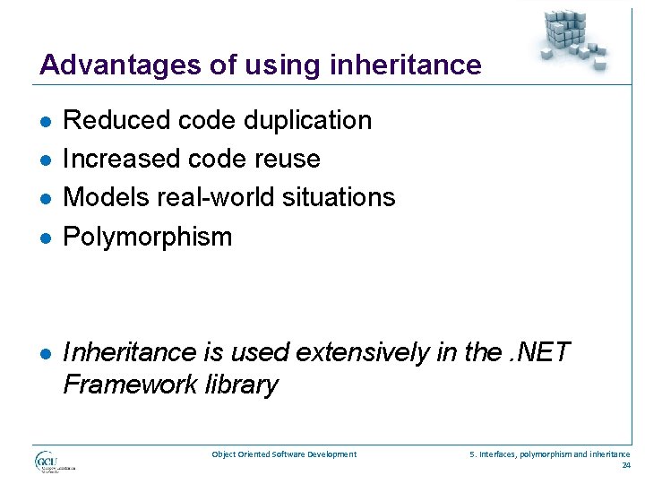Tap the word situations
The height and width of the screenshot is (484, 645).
coord(338,197)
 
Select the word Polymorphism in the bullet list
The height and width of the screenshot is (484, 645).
coord(148,237)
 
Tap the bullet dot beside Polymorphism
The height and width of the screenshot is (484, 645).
coord(44,238)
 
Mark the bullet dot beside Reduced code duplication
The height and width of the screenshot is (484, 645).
coord(44,121)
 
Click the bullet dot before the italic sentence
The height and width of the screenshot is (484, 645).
coord(44,354)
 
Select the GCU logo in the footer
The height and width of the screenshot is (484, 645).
coord(55,462)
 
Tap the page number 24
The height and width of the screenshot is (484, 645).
coord(625,465)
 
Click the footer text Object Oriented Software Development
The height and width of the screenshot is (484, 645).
coord(284,454)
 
